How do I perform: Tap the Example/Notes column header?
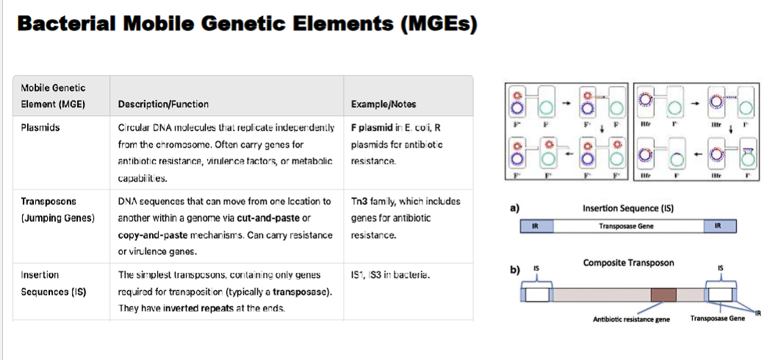point(383,104)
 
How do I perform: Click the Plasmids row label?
point(40,127)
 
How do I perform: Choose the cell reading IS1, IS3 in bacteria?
point(390,276)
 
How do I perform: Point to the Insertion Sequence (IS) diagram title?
point(628,208)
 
